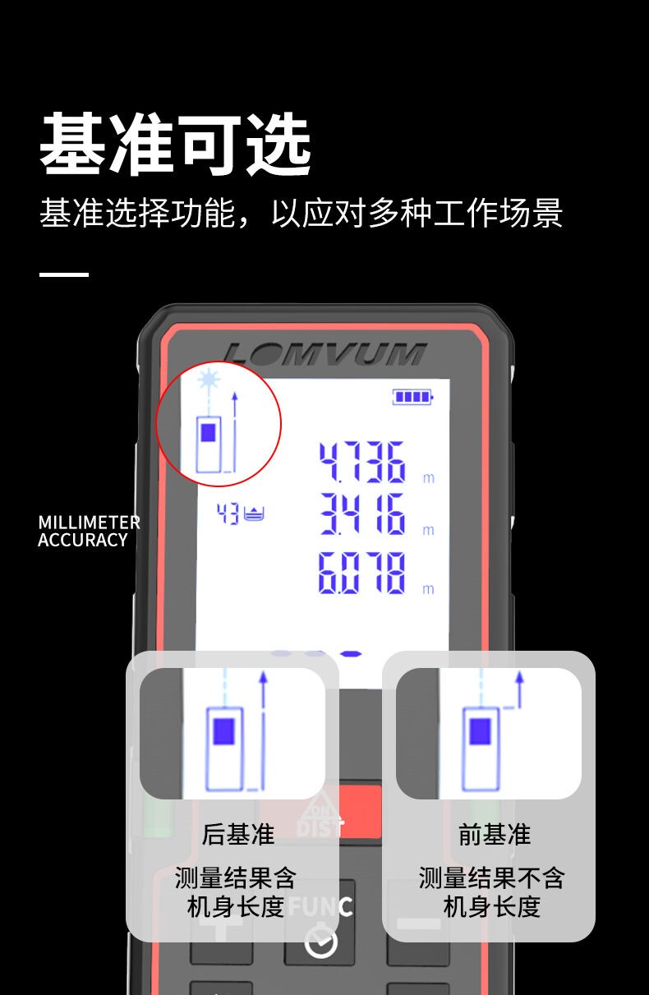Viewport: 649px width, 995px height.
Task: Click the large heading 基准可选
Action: click(x=176, y=145)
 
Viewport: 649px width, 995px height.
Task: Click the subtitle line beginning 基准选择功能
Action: click(x=301, y=213)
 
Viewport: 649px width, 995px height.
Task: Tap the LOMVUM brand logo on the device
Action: click(x=324, y=353)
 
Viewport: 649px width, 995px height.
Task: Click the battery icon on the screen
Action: click(x=412, y=398)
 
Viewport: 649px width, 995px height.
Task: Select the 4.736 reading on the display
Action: click(x=362, y=462)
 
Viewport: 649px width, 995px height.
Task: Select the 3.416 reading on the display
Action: click(x=362, y=515)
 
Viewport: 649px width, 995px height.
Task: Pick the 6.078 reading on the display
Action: click(x=362, y=573)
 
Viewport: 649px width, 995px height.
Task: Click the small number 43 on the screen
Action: click(x=228, y=515)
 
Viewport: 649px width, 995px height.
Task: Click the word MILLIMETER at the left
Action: click(x=89, y=523)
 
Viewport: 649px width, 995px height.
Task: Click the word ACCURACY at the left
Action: click(x=83, y=541)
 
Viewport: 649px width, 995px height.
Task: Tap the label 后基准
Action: click(x=237, y=835)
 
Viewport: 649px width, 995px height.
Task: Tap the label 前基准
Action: click(x=495, y=835)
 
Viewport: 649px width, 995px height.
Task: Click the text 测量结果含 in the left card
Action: click(x=235, y=878)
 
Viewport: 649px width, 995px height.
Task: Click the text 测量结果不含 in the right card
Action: click(x=491, y=878)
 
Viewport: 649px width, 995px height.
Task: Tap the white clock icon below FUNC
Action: click(x=320, y=942)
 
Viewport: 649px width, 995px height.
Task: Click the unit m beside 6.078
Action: click(x=427, y=589)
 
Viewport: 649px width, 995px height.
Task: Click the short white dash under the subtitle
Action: click(x=63, y=274)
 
